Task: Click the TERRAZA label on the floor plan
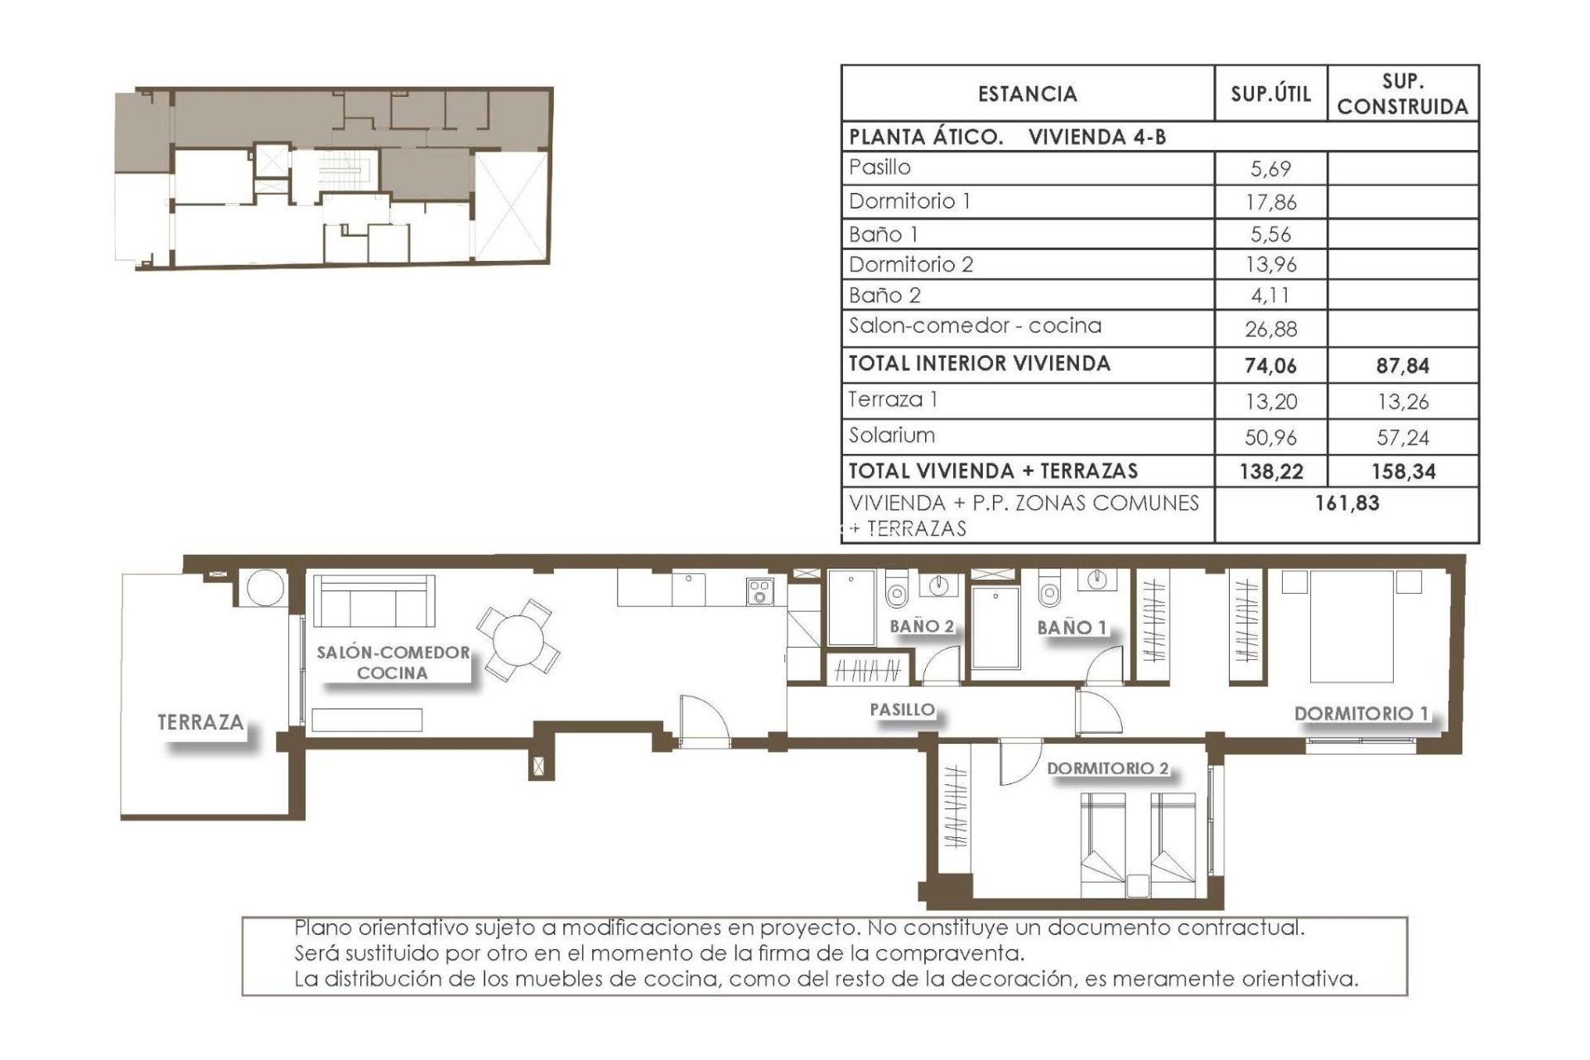click(200, 722)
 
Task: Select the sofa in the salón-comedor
click(373, 603)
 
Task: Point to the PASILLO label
click(902, 710)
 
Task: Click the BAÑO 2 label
click(921, 626)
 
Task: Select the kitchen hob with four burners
click(759, 591)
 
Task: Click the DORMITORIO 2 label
click(1107, 768)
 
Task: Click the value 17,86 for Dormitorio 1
click(1271, 202)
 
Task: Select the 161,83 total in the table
click(1347, 503)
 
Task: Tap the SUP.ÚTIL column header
click(1270, 94)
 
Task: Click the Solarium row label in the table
click(891, 436)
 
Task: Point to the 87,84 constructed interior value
click(1402, 365)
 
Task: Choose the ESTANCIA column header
click(1027, 94)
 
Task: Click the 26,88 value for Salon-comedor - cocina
click(1271, 329)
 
